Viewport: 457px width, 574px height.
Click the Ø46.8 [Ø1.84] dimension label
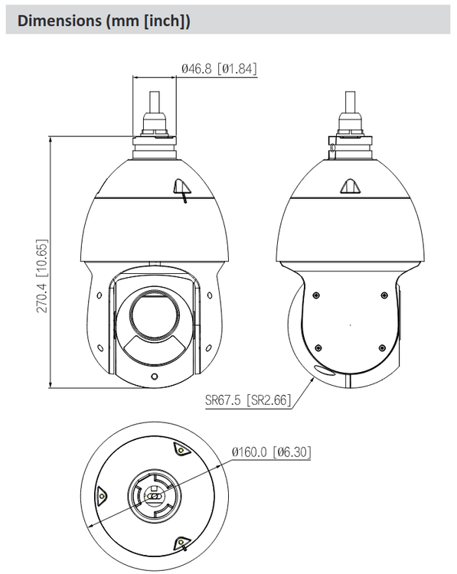tap(218, 69)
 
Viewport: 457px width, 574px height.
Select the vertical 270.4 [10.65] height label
tap(44, 276)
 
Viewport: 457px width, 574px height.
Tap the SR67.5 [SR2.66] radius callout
tap(248, 399)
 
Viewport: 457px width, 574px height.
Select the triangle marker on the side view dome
tap(349, 186)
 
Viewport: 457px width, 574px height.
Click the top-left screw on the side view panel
tap(316, 295)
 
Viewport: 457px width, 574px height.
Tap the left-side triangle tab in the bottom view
tap(101, 495)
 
